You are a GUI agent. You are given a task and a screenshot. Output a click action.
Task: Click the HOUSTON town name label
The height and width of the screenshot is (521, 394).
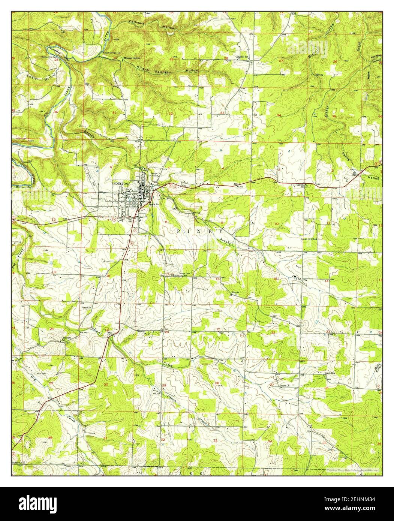(x=121, y=184)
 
